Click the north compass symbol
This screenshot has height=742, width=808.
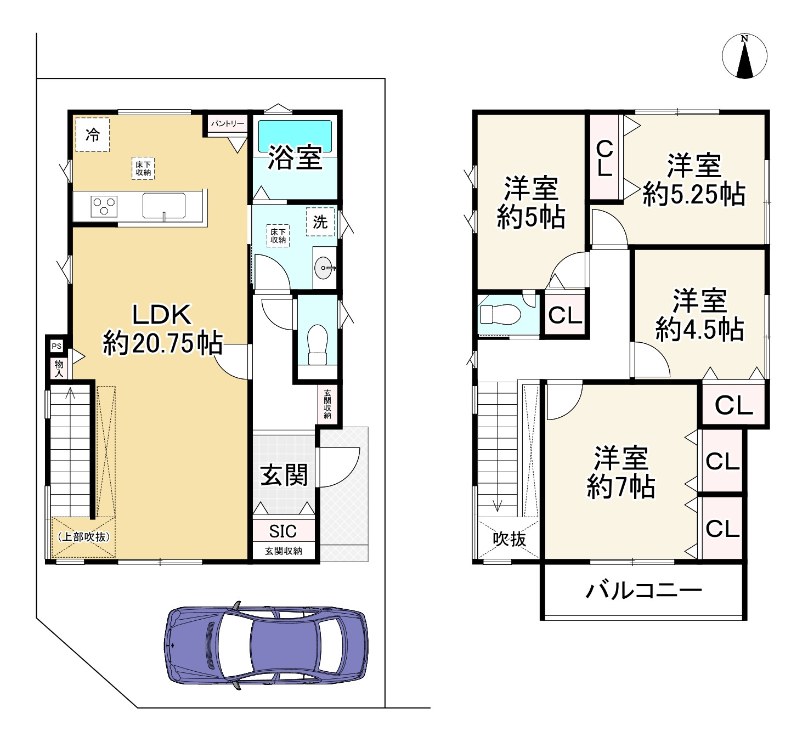(x=744, y=56)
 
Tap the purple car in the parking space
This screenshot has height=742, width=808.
(x=266, y=645)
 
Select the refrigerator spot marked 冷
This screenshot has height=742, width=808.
(x=93, y=134)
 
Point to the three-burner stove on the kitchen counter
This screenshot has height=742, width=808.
(x=104, y=206)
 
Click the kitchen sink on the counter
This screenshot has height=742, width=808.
(x=164, y=206)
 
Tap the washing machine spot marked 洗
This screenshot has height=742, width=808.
(x=320, y=222)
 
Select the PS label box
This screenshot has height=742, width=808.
(x=57, y=345)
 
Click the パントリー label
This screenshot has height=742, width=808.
(x=228, y=123)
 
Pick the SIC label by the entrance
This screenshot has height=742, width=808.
(x=282, y=531)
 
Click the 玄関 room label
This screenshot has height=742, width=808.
(x=284, y=475)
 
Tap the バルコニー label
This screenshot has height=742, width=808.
(x=643, y=591)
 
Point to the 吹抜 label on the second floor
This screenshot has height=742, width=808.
(x=510, y=539)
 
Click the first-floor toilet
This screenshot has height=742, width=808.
(x=318, y=345)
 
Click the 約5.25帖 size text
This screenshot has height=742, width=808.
(x=693, y=194)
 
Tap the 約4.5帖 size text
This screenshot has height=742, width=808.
(x=699, y=330)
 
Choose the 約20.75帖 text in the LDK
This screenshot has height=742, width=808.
(x=163, y=343)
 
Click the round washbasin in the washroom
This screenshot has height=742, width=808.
(x=324, y=268)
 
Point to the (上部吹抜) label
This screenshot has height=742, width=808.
(x=84, y=537)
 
